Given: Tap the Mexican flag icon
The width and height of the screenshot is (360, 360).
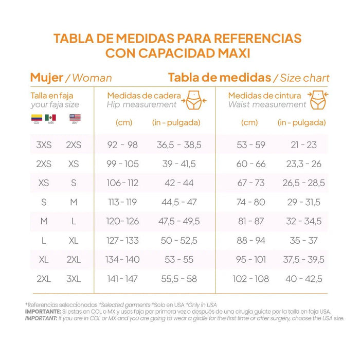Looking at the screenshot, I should [50, 118].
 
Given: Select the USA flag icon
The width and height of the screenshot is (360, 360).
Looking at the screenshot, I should [75, 118].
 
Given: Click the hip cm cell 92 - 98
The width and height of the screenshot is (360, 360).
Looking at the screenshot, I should [122, 145].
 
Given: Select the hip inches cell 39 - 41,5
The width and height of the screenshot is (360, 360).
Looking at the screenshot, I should [179, 164].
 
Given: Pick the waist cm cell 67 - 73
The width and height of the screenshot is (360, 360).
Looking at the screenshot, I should [251, 183].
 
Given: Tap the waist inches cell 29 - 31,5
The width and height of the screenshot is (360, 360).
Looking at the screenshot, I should [303, 203].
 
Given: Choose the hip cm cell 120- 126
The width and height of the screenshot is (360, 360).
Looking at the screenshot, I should [122, 222].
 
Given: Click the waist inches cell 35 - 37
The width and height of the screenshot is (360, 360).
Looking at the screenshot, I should [303, 241].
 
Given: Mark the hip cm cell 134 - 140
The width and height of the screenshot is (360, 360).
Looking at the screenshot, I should [122, 260].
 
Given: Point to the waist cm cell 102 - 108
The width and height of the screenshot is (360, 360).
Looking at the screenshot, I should [251, 279].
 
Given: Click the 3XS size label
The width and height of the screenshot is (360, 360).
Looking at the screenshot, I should [44, 145].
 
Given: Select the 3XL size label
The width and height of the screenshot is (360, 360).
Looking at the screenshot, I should [74, 279].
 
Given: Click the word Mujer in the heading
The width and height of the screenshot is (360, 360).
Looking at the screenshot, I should [46, 78].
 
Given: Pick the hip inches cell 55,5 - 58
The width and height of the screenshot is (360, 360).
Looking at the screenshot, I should [179, 279].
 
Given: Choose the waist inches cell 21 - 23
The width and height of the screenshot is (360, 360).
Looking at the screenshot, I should [303, 145].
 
